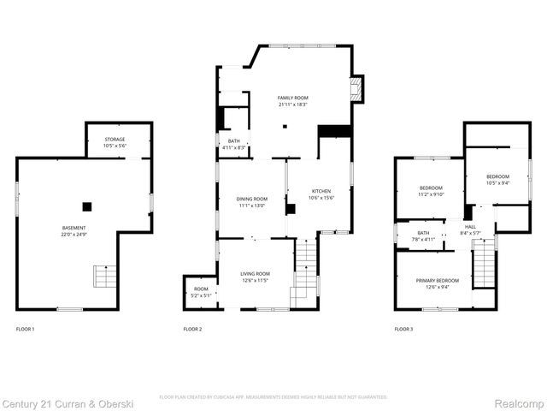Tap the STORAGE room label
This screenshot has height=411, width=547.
click(115, 139)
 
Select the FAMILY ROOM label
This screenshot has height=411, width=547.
click(292, 98)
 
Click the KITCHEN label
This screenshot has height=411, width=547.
click(321, 191)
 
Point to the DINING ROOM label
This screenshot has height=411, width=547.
click(252, 199)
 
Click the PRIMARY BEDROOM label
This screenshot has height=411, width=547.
click(437, 281)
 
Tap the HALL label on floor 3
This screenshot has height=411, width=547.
click(470, 227)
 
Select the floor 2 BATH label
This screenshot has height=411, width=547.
click(233, 142)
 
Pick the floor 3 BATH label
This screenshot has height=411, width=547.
click(423, 233)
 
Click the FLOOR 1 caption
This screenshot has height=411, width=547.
click(26, 329)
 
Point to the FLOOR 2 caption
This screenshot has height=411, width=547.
click(192, 329)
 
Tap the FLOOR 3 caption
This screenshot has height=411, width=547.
click(403, 329)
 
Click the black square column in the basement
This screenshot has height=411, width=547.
click(86, 206)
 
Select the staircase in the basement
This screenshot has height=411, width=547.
click(105, 277)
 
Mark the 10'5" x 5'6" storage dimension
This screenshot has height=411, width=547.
click(115, 146)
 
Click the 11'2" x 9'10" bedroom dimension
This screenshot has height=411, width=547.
click(431, 194)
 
